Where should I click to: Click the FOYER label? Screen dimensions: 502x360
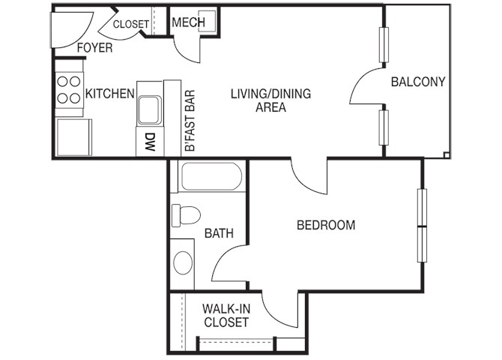(94, 48)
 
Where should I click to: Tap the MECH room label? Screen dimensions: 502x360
(188, 22)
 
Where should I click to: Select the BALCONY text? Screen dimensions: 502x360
(418, 82)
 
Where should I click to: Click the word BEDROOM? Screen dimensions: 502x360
(326, 225)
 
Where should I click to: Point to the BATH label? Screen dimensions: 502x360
(219, 233)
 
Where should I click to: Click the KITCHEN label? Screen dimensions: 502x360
(110, 94)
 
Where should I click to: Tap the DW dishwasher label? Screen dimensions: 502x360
(150, 142)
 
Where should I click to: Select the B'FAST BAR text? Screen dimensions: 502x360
(190, 121)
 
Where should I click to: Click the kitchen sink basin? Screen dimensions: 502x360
(148, 109)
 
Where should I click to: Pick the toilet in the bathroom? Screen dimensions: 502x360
(186, 215)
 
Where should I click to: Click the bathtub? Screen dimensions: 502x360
(211, 176)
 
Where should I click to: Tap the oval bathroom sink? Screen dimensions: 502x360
(183, 262)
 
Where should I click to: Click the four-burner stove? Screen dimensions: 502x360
(69, 90)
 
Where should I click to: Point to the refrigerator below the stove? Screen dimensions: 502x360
(73, 137)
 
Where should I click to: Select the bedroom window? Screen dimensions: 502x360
(423, 226)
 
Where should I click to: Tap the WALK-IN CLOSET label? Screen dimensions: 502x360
(226, 316)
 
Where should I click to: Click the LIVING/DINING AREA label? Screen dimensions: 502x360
(270, 100)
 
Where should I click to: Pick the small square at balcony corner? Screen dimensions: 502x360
(447, 154)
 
